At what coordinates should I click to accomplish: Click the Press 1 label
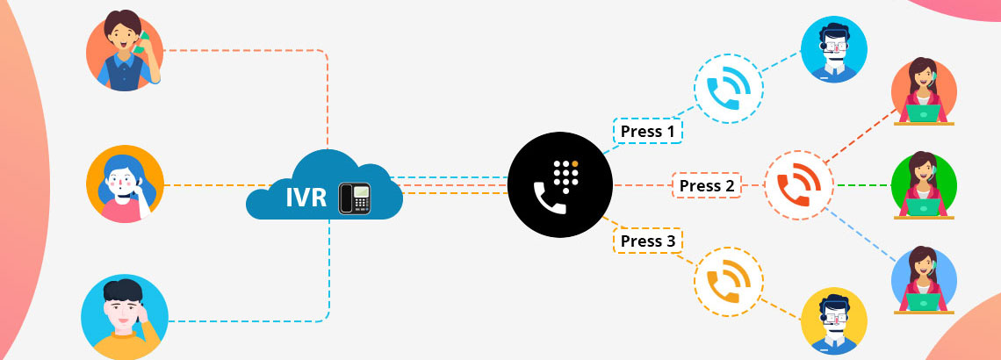pyautogui.click(x=647, y=131)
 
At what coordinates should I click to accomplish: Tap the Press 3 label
pyautogui.click(x=647, y=241)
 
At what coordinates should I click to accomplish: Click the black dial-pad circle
pyautogui.click(x=560, y=186)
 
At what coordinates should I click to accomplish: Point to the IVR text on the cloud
pyautogui.click(x=303, y=197)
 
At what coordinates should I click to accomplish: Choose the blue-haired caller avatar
pyautogui.click(x=125, y=184)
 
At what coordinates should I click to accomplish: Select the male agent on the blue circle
pyautogui.click(x=833, y=49)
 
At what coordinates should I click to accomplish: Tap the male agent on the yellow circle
pyautogui.click(x=833, y=321)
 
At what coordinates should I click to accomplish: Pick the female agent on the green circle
pyautogui.click(x=925, y=185)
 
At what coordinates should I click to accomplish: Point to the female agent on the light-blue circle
pyautogui.click(x=925, y=279)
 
